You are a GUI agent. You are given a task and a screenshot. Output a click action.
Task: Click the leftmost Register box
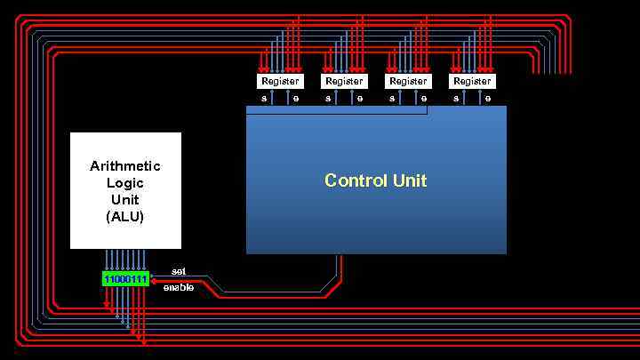(x=280, y=81)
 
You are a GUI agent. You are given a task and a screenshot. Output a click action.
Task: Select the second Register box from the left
(x=344, y=81)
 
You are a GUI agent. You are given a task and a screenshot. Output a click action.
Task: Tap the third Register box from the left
(x=408, y=81)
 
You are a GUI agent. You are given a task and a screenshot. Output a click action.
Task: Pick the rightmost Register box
(x=472, y=81)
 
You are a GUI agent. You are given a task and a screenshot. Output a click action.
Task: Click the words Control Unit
(x=375, y=180)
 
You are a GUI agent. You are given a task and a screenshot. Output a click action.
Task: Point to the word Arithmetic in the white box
(x=125, y=166)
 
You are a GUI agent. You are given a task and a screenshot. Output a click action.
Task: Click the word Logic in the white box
(x=125, y=183)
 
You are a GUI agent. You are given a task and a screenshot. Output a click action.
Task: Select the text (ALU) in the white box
(x=125, y=216)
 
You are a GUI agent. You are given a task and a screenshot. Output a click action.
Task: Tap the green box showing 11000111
(x=124, y=279)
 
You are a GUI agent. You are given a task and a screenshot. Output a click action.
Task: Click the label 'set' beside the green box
(x=179, y=270)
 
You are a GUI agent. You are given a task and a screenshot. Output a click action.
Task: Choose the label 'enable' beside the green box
(x=179, y=287)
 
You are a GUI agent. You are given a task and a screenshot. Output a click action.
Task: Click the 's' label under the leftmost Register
(x=264, y=98)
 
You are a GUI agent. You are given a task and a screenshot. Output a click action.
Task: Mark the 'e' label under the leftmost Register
(x=296, y=98)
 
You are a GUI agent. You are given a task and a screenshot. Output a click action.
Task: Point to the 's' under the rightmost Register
(x=456, y=98)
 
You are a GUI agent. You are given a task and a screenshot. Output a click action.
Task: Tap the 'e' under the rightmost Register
(x=488, y=98)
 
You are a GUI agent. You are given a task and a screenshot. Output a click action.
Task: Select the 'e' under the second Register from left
(x=360, y=98)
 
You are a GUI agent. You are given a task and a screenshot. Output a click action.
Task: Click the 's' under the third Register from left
(x=392, y=98)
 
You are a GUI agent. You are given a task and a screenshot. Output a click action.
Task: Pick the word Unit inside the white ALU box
(x=125, y=199)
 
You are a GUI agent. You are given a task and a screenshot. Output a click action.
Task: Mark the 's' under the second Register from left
(x=328, y=98)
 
